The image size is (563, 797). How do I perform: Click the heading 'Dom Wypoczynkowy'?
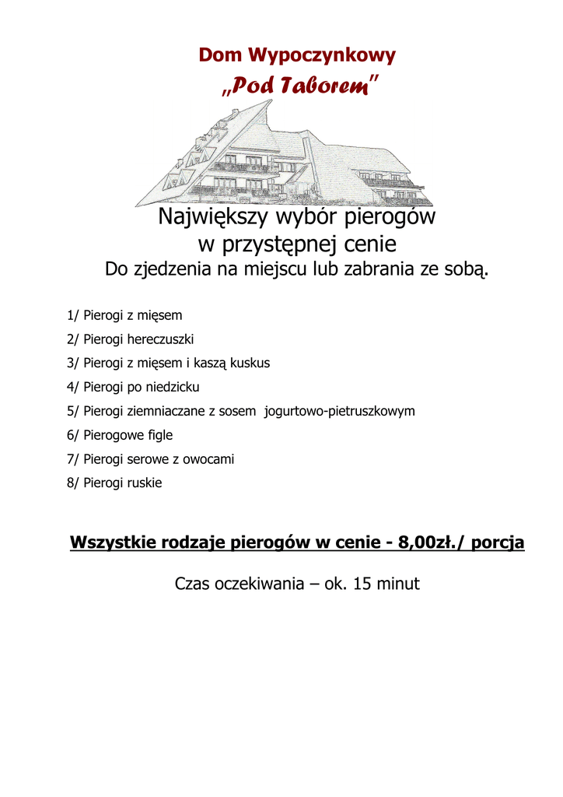(297, 56)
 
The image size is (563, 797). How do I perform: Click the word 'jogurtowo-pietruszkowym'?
(340, 411)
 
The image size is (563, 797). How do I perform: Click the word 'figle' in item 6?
(160, 435)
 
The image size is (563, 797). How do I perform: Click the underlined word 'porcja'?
(498, 542)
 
